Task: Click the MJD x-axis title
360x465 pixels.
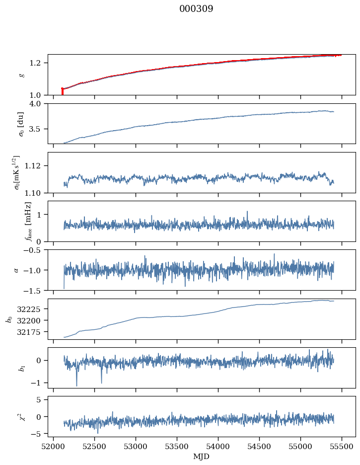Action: pos(202,457)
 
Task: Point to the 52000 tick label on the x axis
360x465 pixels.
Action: pos(54,446)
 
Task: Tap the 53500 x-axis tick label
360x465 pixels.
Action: pos(177,446)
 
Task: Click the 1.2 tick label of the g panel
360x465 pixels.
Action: pos(38,63)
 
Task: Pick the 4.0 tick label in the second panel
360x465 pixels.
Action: pos(38,104)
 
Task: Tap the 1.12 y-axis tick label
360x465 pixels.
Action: pos(36,166)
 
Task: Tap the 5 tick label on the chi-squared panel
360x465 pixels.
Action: pos(42,399)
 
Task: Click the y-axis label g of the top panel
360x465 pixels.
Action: pos(21,75)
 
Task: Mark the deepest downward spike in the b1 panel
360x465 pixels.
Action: pos(76,386)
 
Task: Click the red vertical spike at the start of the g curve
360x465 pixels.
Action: pos(62,91)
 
